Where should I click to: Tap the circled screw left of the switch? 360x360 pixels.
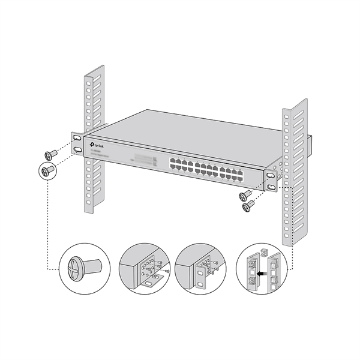click(48, 170)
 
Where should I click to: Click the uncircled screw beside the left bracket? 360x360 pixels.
click(52, 154)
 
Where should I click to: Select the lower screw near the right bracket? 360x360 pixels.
click(247, 207)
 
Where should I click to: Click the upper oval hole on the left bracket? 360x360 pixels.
click(77, 138)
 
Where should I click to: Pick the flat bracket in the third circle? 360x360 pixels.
click(199, 274)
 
